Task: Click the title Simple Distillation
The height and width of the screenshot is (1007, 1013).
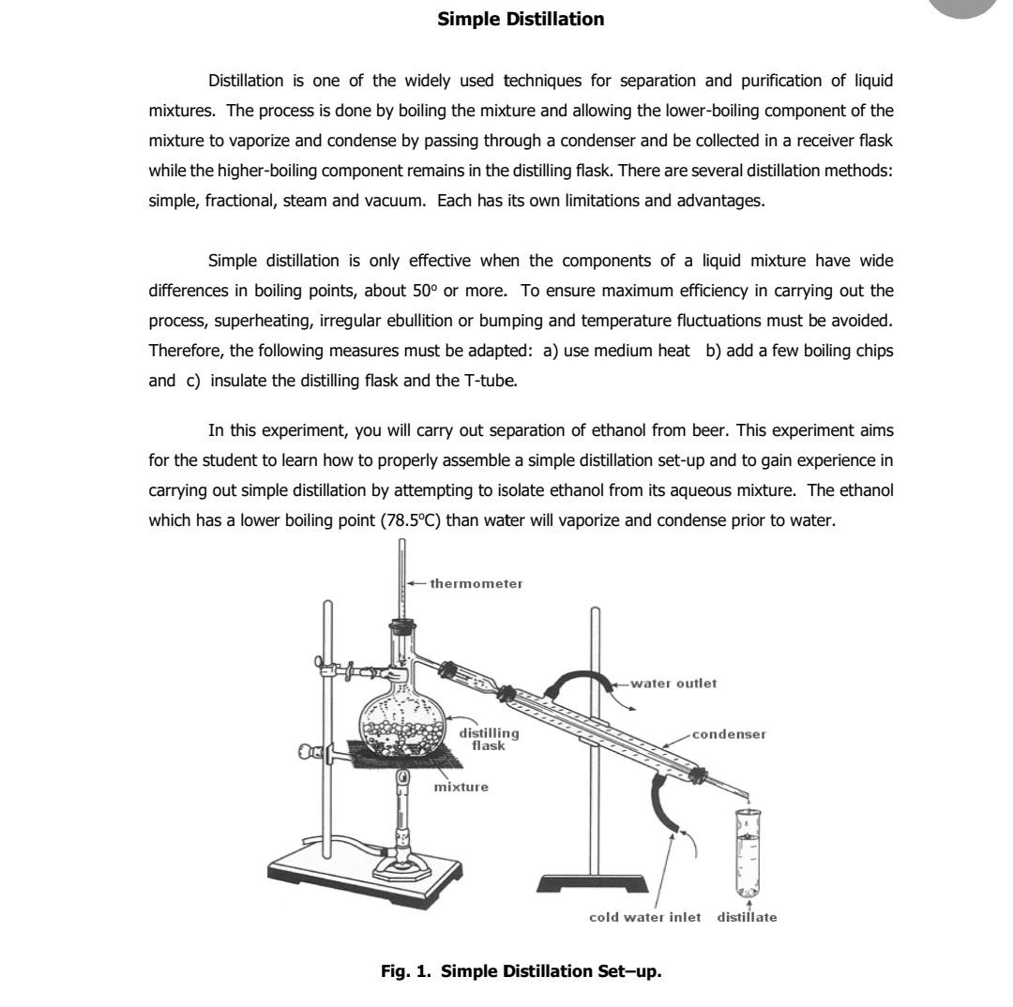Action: coord(521,19)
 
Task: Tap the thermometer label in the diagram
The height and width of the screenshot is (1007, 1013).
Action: coord(476,583)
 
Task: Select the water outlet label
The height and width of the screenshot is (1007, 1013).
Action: coord(673,684)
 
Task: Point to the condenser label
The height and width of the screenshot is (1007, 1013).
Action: coord(729,734)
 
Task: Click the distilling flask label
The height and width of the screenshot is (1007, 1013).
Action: coord(488,739)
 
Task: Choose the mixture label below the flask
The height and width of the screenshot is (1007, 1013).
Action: coord(461,787)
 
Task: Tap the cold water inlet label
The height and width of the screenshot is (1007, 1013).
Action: coord(644,917)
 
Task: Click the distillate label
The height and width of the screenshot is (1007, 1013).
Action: coord(747,917)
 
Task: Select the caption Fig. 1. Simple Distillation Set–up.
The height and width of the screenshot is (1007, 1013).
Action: coord(521,970)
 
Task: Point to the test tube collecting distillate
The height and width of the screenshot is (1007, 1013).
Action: coord(748,853)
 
